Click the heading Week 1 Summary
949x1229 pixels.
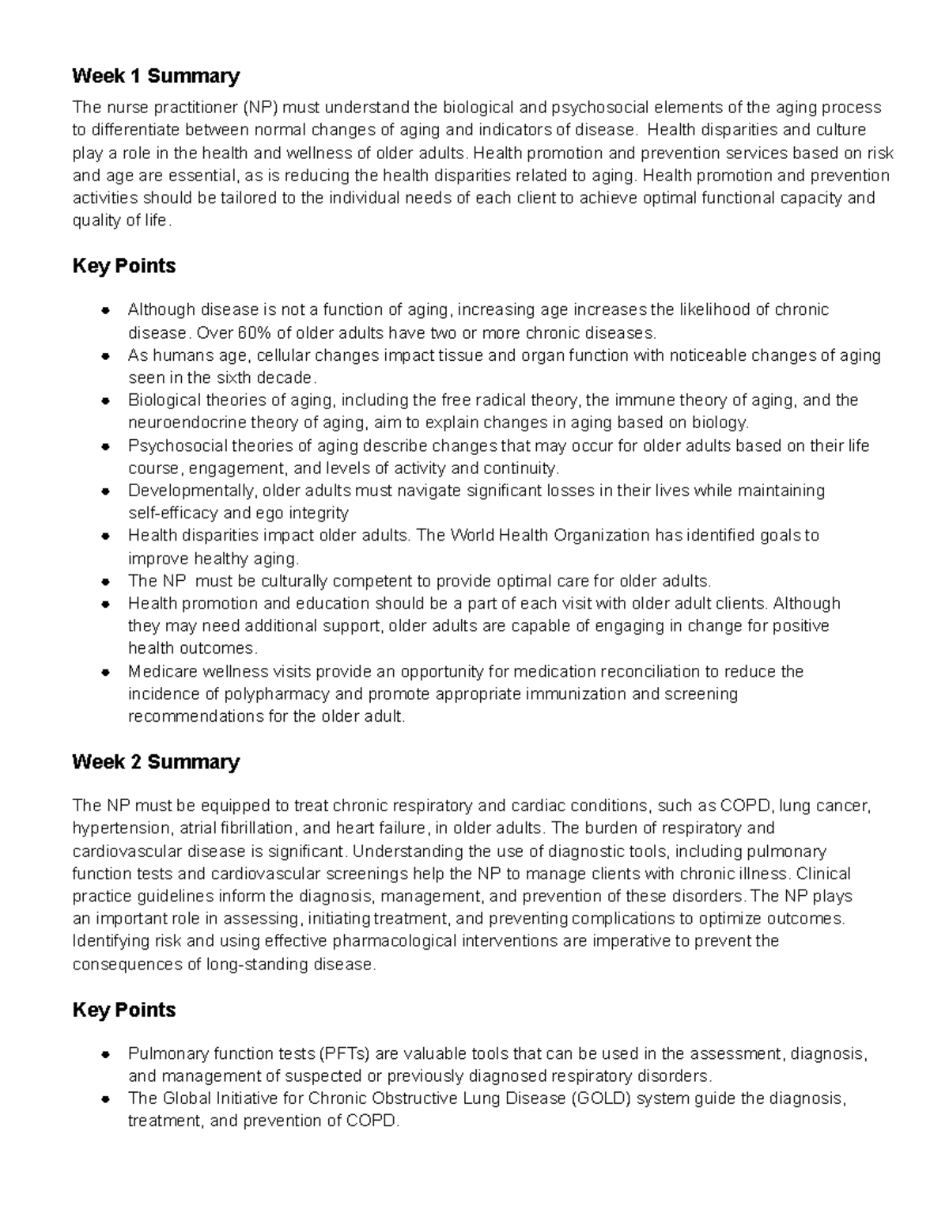click(x=155, y=76)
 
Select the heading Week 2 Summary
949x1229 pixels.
click(x=155, y=762)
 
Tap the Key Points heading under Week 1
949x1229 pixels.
click(x=123, y=266)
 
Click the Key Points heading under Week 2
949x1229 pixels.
click(x=123, y=1010)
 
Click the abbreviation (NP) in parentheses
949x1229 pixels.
click(x=261, y=108)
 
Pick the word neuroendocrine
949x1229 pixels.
click(x=183, y=422)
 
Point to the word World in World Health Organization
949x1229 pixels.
click(x=471, y=536)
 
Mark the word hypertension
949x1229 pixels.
click(x=119, y=829)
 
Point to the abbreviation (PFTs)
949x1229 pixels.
click(x=344, y=1054)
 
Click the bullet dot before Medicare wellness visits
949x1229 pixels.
click(x=105, y=672)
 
